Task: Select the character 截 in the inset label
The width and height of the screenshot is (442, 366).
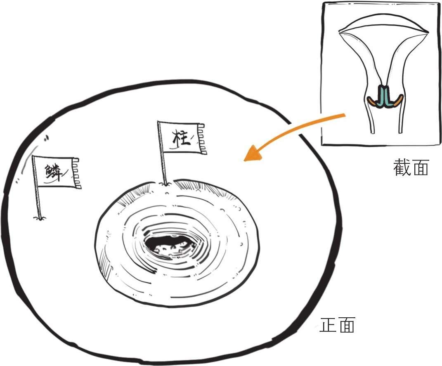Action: click(x=402, y=168)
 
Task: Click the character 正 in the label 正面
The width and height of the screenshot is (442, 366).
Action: click(x=328, y=326)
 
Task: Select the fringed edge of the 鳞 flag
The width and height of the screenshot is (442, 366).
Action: click(x=76, y=173)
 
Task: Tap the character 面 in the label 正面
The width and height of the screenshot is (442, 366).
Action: click(x=346, y=326)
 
